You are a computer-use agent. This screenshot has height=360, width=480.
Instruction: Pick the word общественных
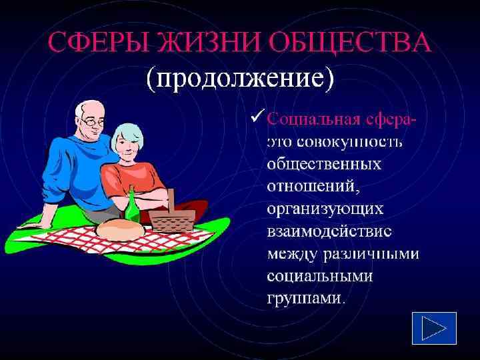[x=324, y=164]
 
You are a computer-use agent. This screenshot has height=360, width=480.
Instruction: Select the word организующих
[x=325, y=209]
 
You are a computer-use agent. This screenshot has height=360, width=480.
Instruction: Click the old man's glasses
[x=91, y=123]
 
